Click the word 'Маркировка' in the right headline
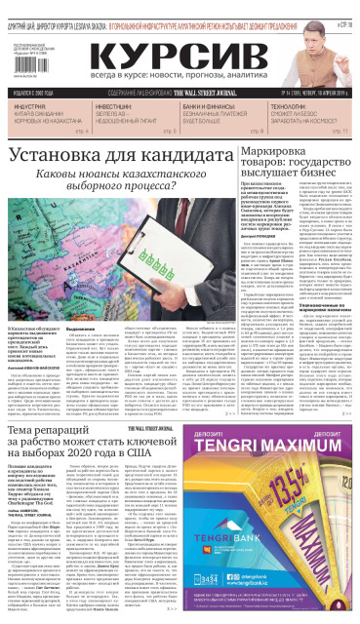[277, 155]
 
